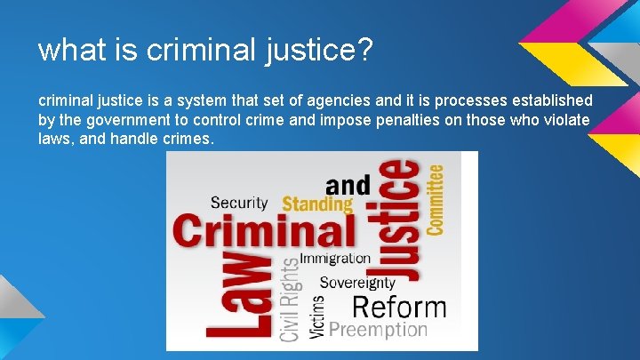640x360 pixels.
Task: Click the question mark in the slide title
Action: pyautogui.click(x=361, y=50)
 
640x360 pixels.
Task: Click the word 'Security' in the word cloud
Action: pyautogui.click(x=240, y=203)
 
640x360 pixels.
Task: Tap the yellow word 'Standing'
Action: pyautogui.click(x=316, y=204)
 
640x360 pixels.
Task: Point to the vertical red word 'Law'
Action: pyautogui.click(x=236, y=297)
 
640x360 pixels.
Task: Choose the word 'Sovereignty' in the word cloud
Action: pyautogui.click(x=356, y=283)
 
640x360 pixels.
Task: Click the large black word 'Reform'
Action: pyautogui.click(x=398, y=308)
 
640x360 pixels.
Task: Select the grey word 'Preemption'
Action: pyautogui.click(x=379, y=329)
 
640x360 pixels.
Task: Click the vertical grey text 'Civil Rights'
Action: pyautogui.click(x=291, y=300)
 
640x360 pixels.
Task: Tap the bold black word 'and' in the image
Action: pyautogui.click(x=348, y=185)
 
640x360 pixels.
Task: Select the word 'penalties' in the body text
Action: pyautogui.click(x=406, y=120)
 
